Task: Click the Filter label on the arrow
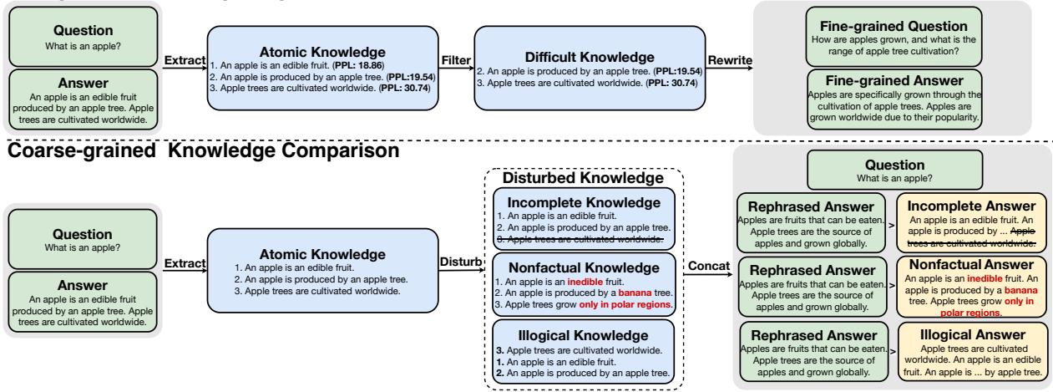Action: (x=458, y=61)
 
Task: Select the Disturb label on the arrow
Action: (x=461, y=261)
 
